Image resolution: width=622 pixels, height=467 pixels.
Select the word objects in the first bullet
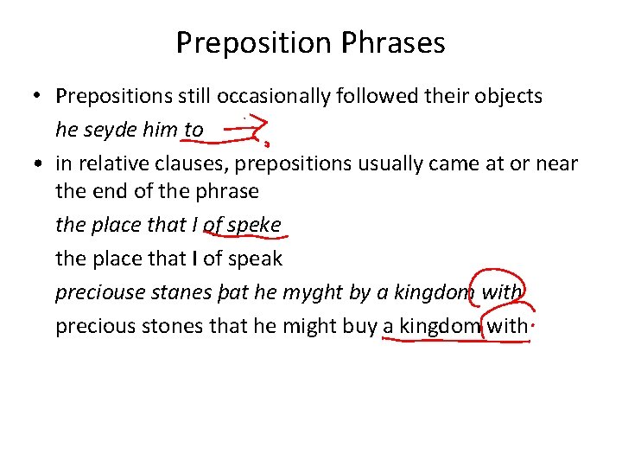pyautogui.click(x=507, y=96)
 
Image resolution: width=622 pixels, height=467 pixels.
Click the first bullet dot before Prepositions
pyautogui.click(x=41, y=97)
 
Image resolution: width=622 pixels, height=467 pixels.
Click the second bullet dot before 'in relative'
pyautogui.click(x=41, y=163)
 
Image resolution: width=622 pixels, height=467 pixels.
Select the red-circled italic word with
pyautogui.click(x=502, y=292)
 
